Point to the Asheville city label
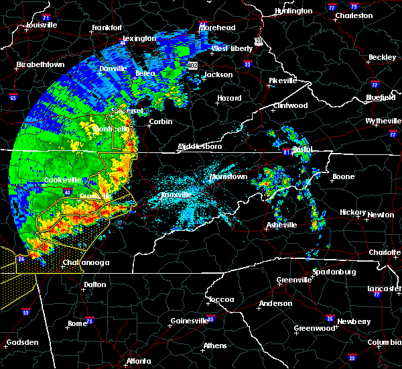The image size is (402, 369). coord(279,225)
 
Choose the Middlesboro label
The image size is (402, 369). coord(200,146)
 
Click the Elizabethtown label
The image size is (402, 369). coord(40,64)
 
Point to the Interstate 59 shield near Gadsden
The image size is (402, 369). coord(26,312)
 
